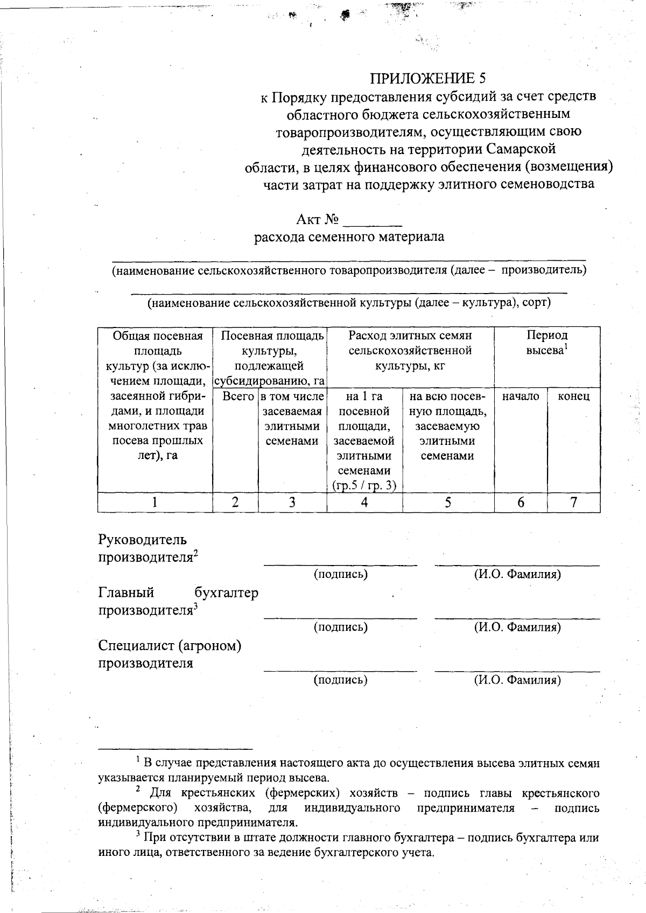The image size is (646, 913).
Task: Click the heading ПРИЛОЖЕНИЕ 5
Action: tap(428, 79)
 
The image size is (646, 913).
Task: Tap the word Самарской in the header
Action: tap(521, 149)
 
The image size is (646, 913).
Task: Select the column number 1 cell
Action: tap(155, 503)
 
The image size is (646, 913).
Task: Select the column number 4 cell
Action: tap(364, 503)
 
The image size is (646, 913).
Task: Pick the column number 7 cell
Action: tap(574, 503)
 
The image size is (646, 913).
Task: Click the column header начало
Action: tap(521, 397)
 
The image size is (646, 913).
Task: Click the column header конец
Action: tap(574, 397)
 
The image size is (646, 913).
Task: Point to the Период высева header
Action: tap(547, 343)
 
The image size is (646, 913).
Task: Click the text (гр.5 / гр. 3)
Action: tap(364, 485)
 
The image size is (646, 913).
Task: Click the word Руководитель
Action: tap(143, 540)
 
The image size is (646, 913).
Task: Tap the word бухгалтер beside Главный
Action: tap(226, 593)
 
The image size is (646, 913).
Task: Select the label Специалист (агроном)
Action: tap(170, 645)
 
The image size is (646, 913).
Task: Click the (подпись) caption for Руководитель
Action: tap(341, 574)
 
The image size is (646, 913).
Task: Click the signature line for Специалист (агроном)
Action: tap(340, 671)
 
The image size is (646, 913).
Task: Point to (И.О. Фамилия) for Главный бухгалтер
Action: tap(517, 627)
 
